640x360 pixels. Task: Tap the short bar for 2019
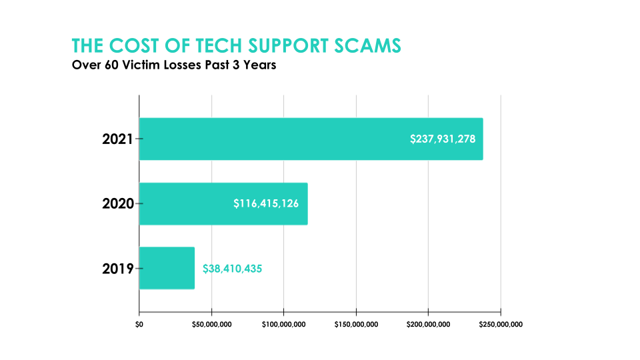click(167, 268)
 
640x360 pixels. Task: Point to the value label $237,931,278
click(443, 139)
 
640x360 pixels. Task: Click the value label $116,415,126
click(270, 203)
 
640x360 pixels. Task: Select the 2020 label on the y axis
click(118, 203)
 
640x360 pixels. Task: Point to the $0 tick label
click(139, 325)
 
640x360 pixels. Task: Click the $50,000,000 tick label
click(211, 325)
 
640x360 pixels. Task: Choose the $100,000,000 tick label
click(284, 325)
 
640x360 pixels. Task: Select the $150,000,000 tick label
click(356, 325)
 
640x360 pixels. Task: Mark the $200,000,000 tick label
click(429, 325)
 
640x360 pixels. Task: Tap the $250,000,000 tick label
click(501, 325)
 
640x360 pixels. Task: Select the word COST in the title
click(133, 46)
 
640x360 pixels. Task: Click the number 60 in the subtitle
click(107, 66)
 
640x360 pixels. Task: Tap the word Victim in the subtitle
click(138, 66)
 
